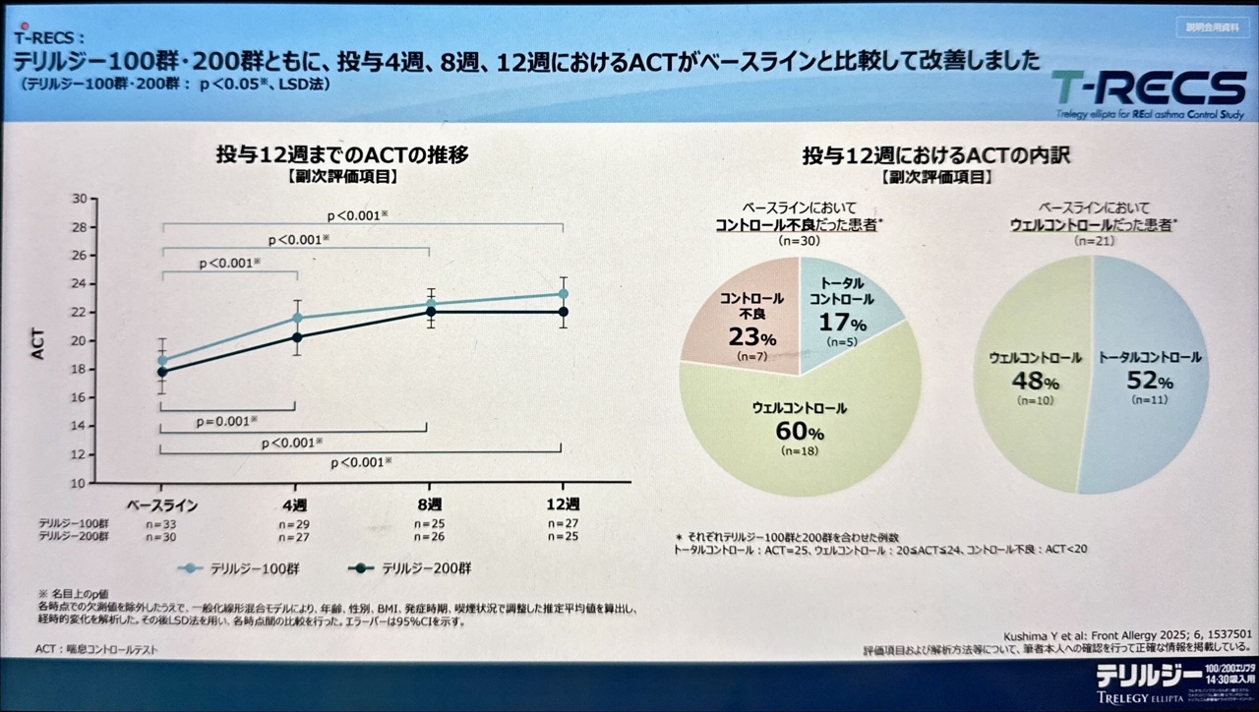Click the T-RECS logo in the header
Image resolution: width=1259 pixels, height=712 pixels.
pos(1147,89)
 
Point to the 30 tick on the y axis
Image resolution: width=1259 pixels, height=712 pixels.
pos(79,198)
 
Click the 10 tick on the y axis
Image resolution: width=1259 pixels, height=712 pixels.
pos(79,484)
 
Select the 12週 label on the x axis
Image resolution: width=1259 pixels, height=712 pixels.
pos(563,505)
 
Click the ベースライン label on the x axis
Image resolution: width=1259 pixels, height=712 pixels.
pos(163,505)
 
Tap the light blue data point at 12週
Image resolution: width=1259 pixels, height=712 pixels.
pos(564,293)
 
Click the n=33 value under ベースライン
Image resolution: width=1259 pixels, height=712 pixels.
pos(161,524)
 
